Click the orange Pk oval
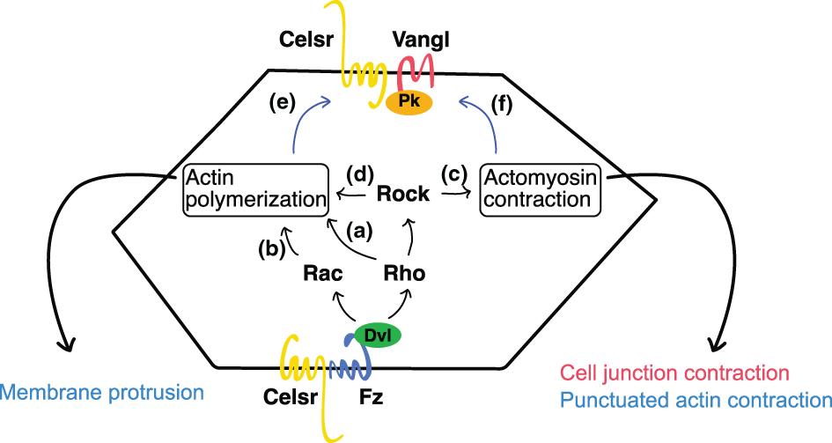point(409,101)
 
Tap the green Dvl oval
point(379,335)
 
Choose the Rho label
point(405,274)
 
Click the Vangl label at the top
point(417,41)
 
